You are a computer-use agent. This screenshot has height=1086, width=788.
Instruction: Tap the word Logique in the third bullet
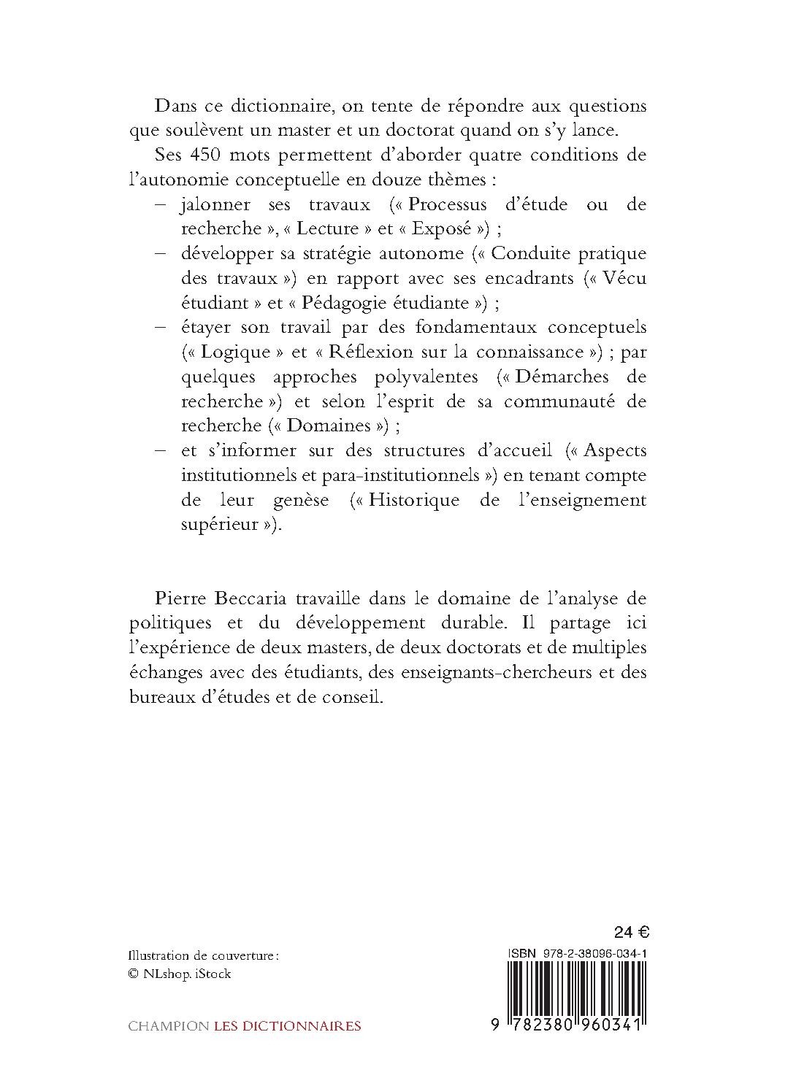pyautogui.click(x=236, y=352)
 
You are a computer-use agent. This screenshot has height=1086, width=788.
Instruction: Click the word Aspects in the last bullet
pyautogui.click(x=615, y=450)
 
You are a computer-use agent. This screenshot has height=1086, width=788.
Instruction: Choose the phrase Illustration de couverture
pyautogui.click(x=203, y=956)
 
